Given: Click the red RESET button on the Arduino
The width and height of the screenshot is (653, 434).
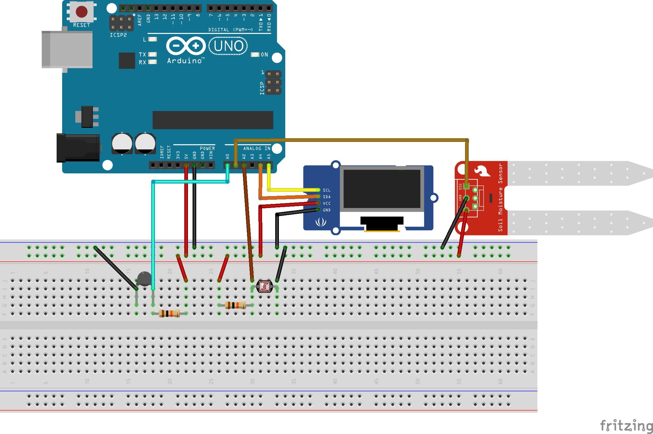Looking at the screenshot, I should tap(81, 12).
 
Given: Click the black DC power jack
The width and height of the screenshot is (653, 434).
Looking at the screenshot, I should tap(78, 148).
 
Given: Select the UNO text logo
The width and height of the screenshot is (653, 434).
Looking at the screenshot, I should tap(228, 46).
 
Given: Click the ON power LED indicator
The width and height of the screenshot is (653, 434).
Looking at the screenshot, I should tap(255, 54).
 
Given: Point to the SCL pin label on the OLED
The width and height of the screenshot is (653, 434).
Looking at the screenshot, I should tap(326, 190).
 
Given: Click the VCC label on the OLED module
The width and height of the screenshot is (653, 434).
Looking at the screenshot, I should tap(327, 203).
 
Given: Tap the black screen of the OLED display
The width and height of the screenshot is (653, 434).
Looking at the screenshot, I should tap(381, 189).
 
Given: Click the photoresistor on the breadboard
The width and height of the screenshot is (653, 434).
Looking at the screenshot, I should tap(264, 287).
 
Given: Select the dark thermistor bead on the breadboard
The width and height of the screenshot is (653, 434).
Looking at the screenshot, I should tap(144, 278).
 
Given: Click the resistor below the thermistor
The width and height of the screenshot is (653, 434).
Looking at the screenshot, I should tap(169, 313).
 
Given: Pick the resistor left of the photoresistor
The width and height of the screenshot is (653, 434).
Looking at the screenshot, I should tap(235, 305).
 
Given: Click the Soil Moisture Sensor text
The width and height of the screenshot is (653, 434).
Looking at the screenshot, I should tap(500, 198).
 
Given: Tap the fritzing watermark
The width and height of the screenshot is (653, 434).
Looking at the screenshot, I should tap(626, 425).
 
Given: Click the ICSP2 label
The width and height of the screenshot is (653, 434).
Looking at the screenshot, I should tap(118, 35).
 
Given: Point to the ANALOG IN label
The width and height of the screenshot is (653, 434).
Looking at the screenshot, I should tap(257, 148).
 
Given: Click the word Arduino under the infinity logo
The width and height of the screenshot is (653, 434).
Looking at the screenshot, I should tap(184, 61).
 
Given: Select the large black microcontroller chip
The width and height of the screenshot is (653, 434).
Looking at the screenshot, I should tap(213, 120).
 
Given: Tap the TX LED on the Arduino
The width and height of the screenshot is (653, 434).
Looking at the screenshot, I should tap(152, 54).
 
